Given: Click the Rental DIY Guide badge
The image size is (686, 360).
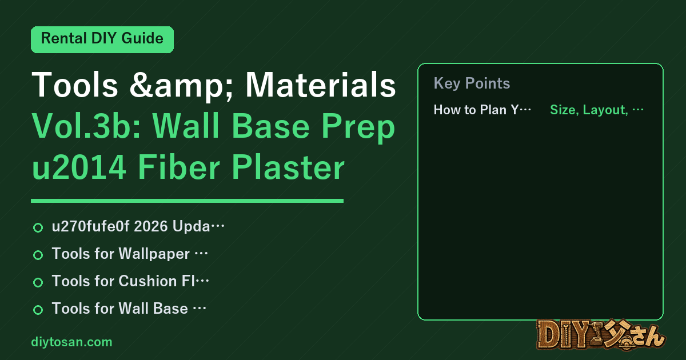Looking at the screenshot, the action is coord(102,39).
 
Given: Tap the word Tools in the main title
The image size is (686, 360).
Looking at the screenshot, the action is coord(75,85).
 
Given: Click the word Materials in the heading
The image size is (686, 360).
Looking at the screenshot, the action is coord(321,85).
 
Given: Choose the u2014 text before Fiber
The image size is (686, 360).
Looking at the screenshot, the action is coord(79,167).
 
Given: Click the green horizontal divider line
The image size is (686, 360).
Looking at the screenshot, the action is coord(187,201).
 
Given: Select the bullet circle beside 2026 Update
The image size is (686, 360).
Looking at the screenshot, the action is coord(38,227).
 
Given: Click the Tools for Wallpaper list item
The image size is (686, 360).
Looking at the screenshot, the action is coord(130,254).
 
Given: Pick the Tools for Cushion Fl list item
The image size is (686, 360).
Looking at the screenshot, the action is coord(130,281).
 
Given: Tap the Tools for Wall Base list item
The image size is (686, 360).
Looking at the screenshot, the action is coord(129,308).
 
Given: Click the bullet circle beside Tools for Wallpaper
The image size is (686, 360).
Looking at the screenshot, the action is coord(38,255).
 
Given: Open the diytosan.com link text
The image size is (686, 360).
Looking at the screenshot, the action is coord(71,342).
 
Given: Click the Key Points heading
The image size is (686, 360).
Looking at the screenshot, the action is coord(472,83).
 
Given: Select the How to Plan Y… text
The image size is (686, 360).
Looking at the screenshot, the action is coord(482,110).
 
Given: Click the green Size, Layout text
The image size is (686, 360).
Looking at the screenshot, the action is coord(597,110).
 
